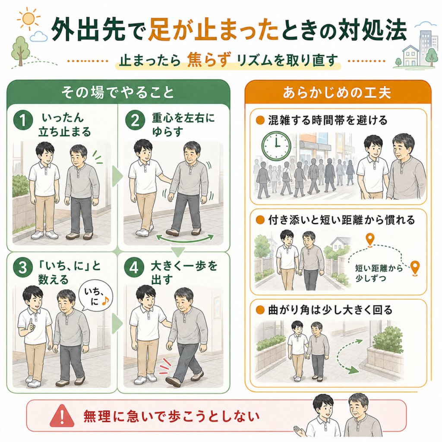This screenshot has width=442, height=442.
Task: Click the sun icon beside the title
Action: click(x=28, y=19)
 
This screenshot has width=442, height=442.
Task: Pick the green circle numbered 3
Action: click(x=23, y=268)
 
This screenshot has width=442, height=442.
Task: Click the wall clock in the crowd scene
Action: click(x=276, y=146)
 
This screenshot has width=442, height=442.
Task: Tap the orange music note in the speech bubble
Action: click(x=105, y=301)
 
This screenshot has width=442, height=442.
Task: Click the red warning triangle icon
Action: click(x=62, y=416)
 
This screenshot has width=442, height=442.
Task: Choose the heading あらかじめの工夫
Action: click(x=337, y=93)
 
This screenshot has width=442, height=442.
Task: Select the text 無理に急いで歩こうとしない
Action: click(x=171, y=416)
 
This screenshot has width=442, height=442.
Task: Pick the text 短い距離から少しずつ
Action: click(x=378, y=273)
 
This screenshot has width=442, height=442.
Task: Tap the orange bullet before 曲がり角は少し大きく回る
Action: click(x=260, y=310)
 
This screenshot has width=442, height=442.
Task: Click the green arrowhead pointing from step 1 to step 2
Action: click(x=117, y=177)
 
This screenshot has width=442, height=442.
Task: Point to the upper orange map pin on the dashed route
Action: click(x=370, y=239)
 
